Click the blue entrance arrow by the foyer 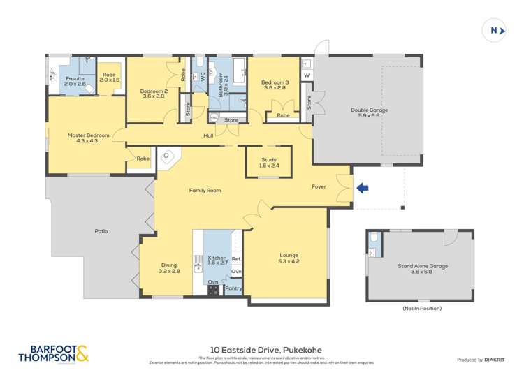click(362, 187)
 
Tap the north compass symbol click(495, 30)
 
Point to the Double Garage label click(369, 110)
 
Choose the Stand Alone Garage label click(423, 266)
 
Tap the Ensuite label click(75, 78)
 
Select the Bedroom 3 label click(275, 85)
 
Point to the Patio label click(101, 230)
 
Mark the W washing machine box click(307, 75)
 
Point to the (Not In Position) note click(422, 308)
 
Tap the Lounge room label click(289, 256)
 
